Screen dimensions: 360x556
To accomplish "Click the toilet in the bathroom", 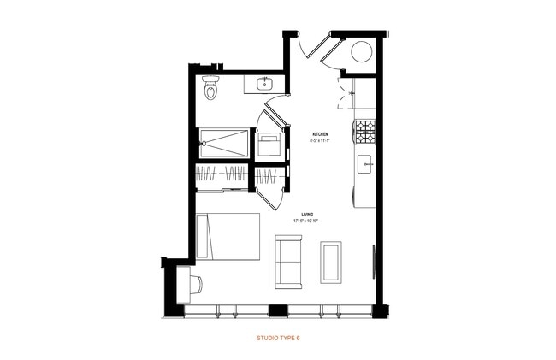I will tap(211, 87).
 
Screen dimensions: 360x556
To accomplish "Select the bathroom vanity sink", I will tap(265, 83).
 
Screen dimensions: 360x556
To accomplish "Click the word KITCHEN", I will tap(321, 134).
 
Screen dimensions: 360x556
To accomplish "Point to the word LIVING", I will tap(309, 215).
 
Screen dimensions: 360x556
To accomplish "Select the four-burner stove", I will tap(365, 132).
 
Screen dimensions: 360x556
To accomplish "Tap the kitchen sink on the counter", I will tap(364, 164).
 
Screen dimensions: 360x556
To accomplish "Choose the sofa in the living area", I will tap(287, 260).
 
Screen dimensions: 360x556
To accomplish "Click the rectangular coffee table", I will tap(331, 261).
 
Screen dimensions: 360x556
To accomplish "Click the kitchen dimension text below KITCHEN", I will tap(321, 141).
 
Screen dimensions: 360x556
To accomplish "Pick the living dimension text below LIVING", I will tap(309, 221).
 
